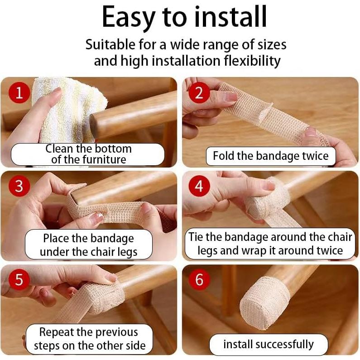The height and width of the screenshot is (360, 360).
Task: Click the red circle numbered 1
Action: (19, 92)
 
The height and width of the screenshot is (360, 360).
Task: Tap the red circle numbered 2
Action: (199, 92)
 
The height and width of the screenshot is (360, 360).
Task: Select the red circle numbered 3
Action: (19, 186)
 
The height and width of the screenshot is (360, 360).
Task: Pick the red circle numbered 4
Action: (199, 186)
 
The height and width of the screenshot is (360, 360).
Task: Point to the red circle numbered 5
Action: (19, 279)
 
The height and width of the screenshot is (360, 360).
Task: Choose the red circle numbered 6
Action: (199, 279)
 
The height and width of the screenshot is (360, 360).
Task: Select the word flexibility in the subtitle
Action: (252, 61)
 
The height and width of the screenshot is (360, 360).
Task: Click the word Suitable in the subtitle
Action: (110, 44)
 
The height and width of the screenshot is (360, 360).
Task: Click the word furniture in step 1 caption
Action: (104, 159)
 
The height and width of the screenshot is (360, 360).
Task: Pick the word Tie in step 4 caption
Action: (195, 237)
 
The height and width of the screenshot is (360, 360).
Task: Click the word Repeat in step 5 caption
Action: (55, 333)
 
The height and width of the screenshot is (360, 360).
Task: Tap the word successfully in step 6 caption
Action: (284, 344)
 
